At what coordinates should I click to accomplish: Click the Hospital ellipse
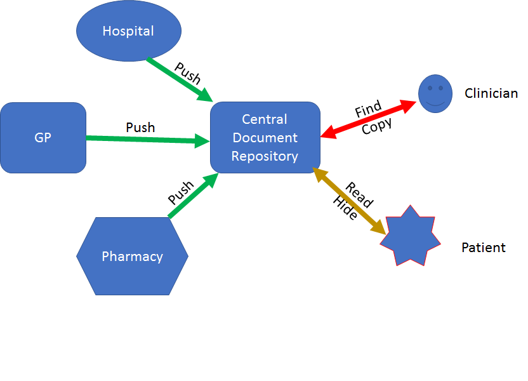pos(128,31)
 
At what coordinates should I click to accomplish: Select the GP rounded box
pos(43,138)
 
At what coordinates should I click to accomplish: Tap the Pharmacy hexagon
pos(132,257)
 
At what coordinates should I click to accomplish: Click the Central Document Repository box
pos(265,138)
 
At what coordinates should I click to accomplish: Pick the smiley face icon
pos(435,94)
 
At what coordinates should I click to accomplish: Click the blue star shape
pos(410,236)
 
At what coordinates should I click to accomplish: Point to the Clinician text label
pos(491,93)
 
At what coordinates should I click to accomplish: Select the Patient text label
pos(483,248)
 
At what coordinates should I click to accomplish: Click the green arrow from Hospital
pos(180,80)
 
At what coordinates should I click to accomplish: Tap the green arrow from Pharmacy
pos(193,196)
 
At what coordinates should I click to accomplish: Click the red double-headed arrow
pos(369,117)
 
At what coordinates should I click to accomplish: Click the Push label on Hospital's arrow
pos(188,74)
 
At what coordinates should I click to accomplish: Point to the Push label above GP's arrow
pos(140,127)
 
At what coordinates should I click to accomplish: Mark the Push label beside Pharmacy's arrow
pos(181,193)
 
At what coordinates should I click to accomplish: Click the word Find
pos(367,110)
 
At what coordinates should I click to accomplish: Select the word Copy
pos(377,125)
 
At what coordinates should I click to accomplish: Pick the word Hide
pos(345,208)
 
